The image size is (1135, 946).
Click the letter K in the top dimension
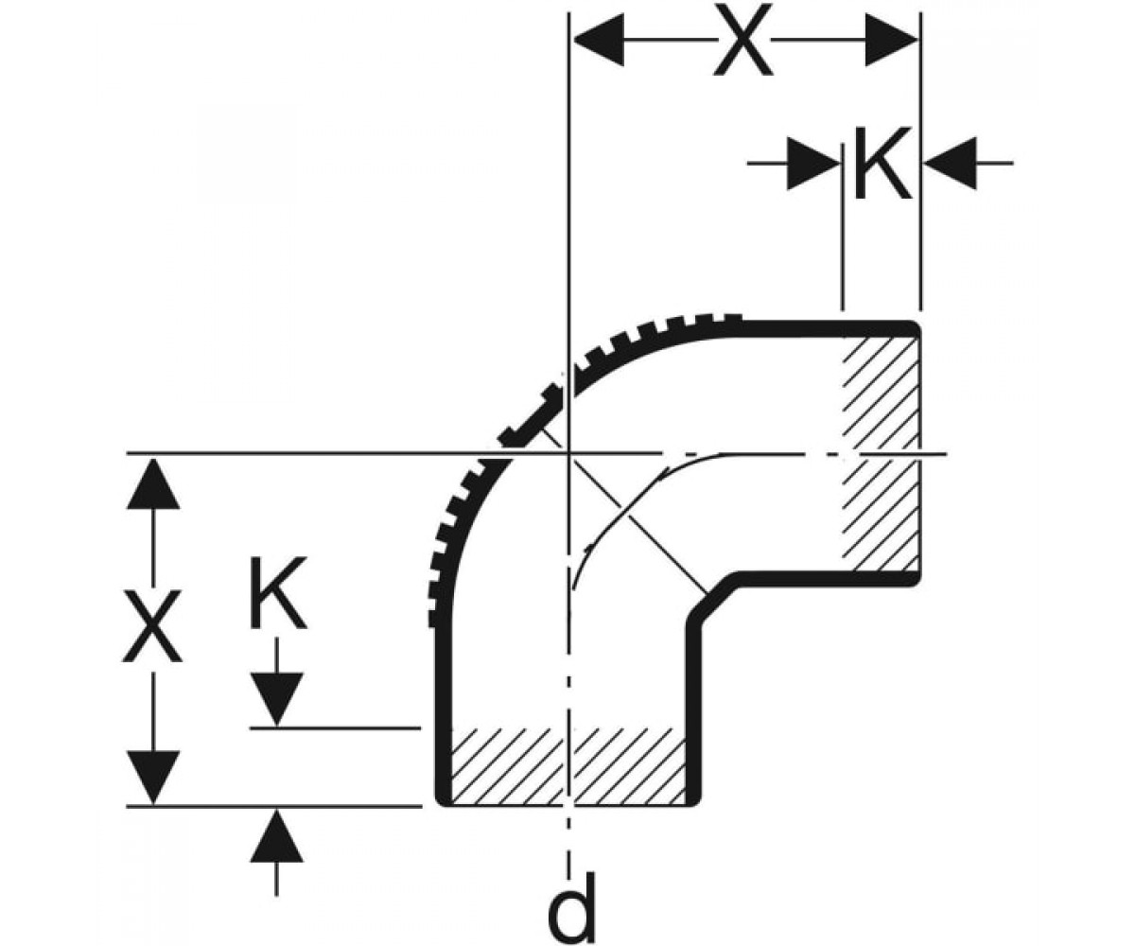tap(882, 163)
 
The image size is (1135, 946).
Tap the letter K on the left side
tap(278, 592)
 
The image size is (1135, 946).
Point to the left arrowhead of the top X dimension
tap(599, 40)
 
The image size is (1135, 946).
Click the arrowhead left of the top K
tap(812, 163)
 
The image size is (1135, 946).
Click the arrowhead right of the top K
tap(951, 163)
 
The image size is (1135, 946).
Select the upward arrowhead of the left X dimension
tap(152, 483)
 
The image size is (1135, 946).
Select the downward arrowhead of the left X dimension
tap(152, 777)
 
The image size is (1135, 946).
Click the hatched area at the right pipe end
tap(881, 454)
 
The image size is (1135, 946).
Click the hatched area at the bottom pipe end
tap(568, 765)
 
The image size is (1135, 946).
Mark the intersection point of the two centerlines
tap(568, 452)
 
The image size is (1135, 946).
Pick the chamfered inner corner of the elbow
tap(712, 597)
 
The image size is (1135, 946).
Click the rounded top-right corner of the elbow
tap(915, 326)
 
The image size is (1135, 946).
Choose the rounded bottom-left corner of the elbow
tap(442, 799)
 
